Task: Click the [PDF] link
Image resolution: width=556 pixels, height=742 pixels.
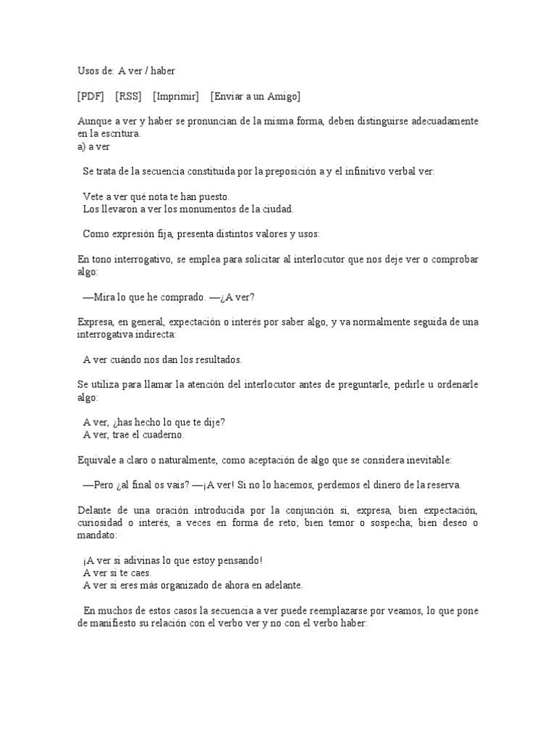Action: (x=90, y=96)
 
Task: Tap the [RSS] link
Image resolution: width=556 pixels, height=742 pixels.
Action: (x=128, y=96)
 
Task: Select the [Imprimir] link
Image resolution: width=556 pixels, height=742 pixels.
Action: (x=176, y=96)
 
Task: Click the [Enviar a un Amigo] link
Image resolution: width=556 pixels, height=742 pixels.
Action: (x=256, y=96)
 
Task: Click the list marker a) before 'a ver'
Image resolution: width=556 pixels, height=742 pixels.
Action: (x=82, y=146)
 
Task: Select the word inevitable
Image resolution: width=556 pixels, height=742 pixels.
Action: (x=426, y=460)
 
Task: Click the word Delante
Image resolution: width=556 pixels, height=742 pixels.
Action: (x=94, y=510)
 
